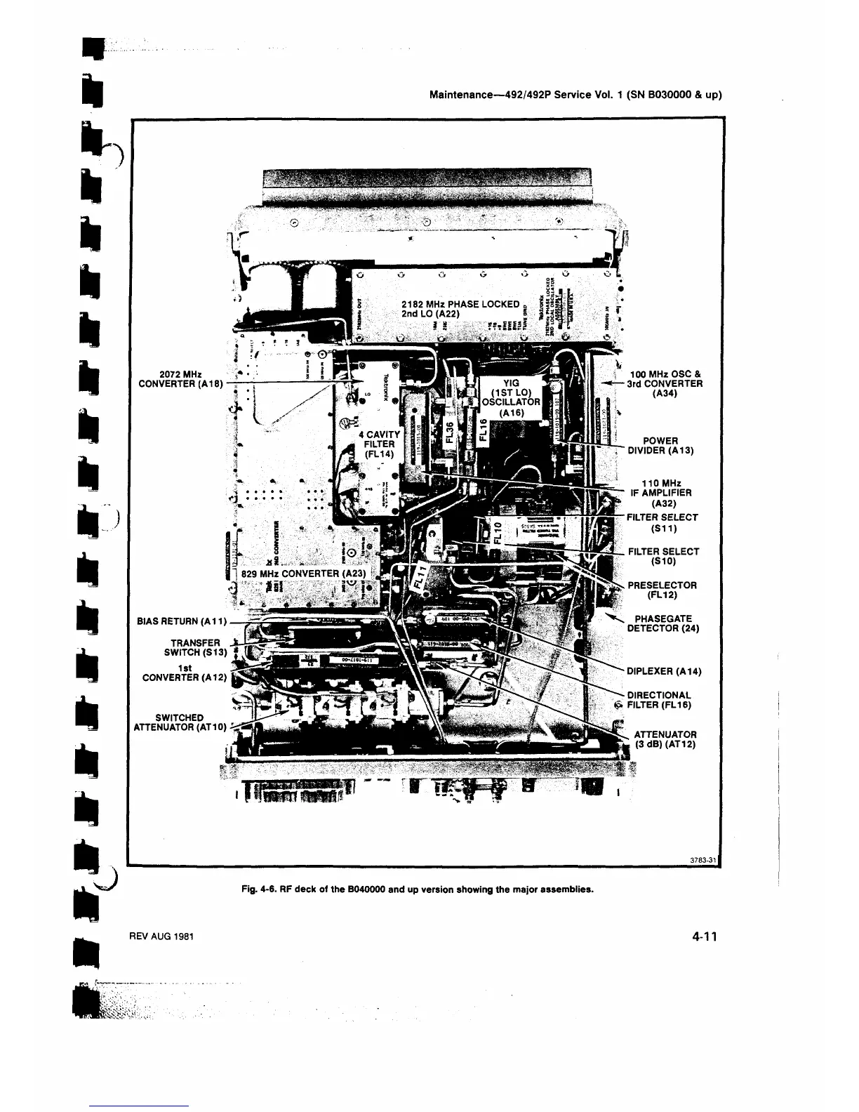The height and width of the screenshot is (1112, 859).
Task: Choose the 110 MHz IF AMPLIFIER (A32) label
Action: click(x=661, y=492)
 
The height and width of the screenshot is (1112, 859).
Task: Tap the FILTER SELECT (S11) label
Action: click(x=662, y=522)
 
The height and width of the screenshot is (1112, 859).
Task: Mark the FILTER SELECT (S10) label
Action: click(x=662, y=557)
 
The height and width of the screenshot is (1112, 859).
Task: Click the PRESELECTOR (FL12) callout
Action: click(x=662, y=590)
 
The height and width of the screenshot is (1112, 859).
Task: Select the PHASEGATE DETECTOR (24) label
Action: click(x=662, y=623)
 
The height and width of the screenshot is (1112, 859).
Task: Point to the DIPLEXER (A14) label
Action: click(x=664, y=670)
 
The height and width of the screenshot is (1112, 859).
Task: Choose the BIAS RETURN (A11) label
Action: click(x=180, y=621)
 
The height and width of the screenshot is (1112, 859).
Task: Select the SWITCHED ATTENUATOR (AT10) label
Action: click(x=180, y=722)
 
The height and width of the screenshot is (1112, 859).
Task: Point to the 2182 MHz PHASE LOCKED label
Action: click(x=460, y=304)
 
